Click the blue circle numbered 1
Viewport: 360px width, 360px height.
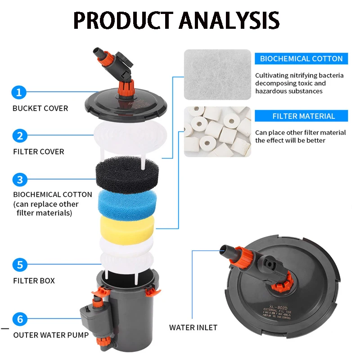[19, 93]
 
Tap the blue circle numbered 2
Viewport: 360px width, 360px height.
[19, 136]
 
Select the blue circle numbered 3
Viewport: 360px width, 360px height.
[19, 180]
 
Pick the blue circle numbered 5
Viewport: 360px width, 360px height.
[19, 264]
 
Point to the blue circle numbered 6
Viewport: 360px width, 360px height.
[19, 319]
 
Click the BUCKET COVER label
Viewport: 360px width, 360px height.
[40, 108]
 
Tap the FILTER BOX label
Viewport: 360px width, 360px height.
[34, 281]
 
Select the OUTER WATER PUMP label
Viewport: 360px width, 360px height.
[51, 335]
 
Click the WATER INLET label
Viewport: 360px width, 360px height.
[193, 328]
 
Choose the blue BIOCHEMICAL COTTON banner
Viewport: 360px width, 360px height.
[301, 58]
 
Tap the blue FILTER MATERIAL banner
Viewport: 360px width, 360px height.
[303, 116]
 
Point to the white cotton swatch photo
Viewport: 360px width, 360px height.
[217, 74]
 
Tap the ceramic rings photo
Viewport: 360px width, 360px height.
[217, 131]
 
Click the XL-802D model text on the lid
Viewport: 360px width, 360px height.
[274, 304]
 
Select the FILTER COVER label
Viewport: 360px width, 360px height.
[38, 152]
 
